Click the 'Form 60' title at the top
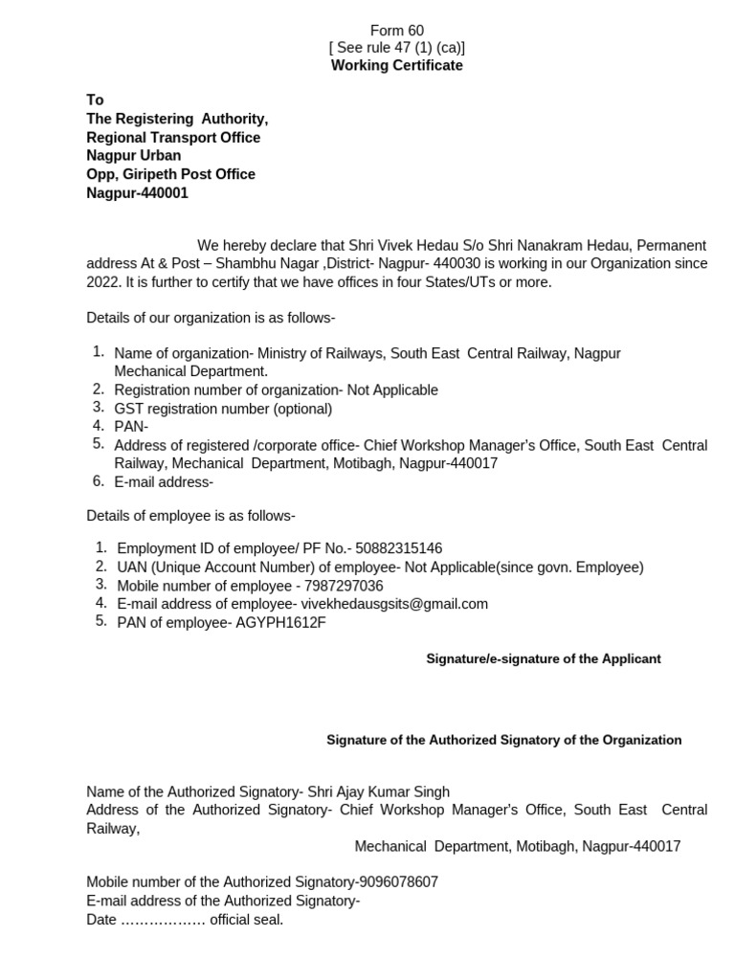[397, 31]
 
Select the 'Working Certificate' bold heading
[397, 65]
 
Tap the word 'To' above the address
[95, 100]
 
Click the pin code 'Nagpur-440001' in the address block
[138, 193]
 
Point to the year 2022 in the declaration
[101, 282]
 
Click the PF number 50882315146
[399, 548]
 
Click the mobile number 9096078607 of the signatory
[398, 882]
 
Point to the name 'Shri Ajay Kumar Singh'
[378, 791]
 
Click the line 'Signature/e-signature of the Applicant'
[544, 659]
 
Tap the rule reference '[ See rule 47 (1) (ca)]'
[397, 48]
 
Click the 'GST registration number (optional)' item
[223, 409]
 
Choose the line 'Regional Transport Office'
[173, 138]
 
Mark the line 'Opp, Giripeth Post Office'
[171, 174]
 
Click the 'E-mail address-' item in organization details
[164, 482]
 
